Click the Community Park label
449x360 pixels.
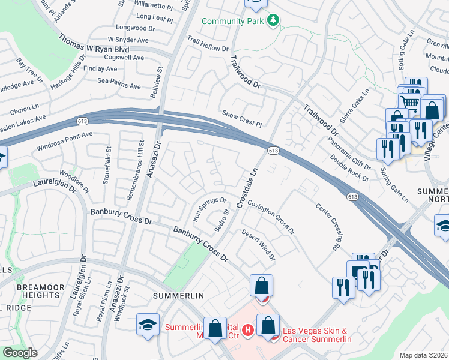(x=234, y=21)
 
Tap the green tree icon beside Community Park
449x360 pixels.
(x=274, y=21)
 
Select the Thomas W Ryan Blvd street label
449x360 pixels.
(x=94, y=46)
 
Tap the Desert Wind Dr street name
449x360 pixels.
(x=258, y=245)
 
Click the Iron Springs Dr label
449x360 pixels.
(x=209, y=208)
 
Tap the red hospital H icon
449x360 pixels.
(x=246, y=329)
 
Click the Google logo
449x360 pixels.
(x=19, y=353)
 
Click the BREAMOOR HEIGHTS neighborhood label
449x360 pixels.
(x=40, y=292)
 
